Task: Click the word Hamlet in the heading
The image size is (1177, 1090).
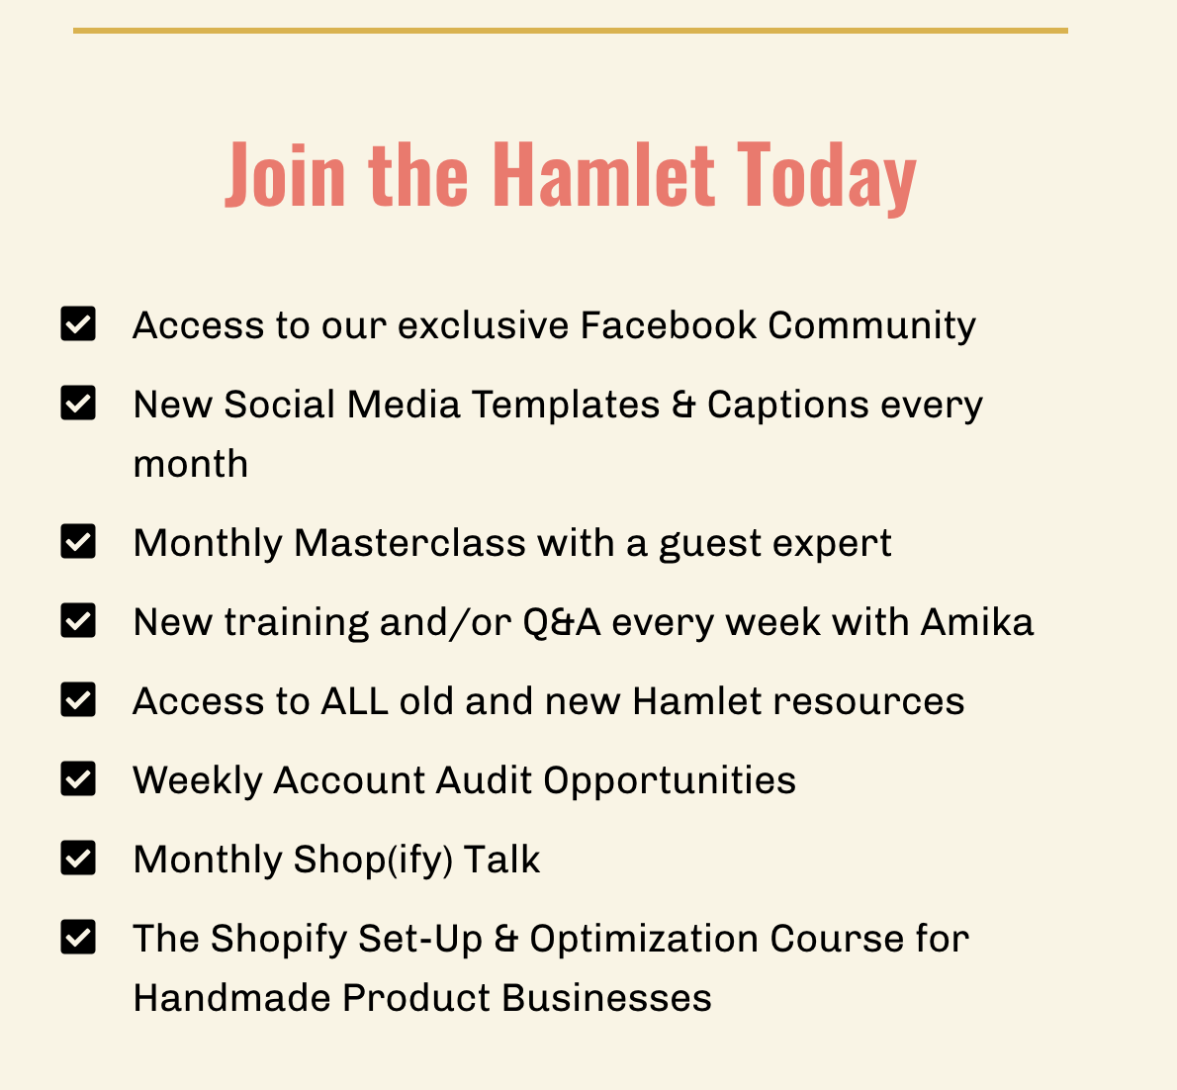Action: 603,174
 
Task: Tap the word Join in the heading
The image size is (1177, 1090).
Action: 285,174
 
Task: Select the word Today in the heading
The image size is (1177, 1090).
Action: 827,179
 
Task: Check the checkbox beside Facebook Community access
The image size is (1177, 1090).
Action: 78,323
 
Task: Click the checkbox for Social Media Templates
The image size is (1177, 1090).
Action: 78,404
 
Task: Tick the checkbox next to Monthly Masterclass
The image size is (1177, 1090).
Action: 78,541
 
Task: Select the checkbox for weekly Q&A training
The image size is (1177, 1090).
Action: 78,621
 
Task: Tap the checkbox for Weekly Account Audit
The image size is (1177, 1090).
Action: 78,778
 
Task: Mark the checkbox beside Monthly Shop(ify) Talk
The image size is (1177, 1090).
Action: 78,858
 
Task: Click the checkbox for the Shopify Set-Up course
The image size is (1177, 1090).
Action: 78,937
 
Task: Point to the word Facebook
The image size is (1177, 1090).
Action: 668,325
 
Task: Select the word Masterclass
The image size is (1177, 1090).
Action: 409,543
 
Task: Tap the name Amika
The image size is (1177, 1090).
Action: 977,621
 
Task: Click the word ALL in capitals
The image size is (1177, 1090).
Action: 354,701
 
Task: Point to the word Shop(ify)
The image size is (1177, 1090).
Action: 373,861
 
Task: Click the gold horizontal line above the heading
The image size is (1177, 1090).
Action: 571,31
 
